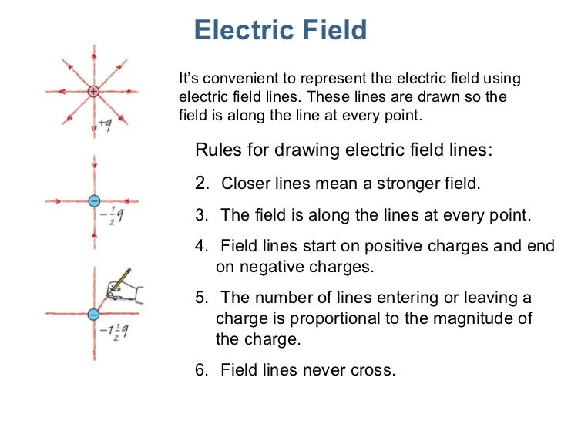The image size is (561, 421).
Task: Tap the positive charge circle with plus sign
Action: pos(93,91)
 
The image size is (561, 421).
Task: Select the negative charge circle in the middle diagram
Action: pos(93,201)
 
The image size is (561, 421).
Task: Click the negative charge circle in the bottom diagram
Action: pos(93,314)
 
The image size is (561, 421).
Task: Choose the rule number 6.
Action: pos(201,369)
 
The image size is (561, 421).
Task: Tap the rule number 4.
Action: pos(201,246)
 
